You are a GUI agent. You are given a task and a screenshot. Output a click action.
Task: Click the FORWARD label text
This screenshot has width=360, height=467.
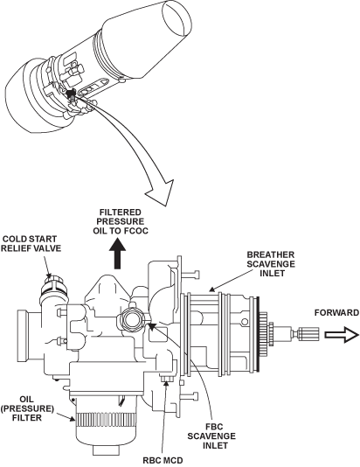336,313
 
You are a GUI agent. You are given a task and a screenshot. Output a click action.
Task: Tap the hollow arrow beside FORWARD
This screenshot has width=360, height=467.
342,335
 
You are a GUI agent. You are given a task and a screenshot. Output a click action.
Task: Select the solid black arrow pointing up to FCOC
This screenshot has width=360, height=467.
118,254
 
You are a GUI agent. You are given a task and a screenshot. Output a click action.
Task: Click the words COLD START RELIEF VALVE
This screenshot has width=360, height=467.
31,244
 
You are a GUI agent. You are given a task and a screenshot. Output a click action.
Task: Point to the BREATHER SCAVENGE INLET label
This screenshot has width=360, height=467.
272,264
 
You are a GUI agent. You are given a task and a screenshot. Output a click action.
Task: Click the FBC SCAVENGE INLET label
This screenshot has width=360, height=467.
211,436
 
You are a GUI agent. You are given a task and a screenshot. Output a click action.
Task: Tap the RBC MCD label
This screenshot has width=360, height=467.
163,461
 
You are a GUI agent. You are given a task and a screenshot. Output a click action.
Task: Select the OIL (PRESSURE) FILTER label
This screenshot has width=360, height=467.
27,408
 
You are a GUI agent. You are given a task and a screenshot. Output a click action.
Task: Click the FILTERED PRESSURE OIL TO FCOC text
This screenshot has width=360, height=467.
121,221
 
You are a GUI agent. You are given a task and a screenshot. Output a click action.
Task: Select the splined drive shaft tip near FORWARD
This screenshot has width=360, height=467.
309,333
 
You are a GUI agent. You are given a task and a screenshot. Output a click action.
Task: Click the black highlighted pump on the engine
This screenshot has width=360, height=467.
71,94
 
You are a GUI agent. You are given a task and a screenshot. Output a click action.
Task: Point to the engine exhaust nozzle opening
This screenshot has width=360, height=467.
177,17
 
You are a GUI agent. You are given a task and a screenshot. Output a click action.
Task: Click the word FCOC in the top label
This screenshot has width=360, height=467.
136,231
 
